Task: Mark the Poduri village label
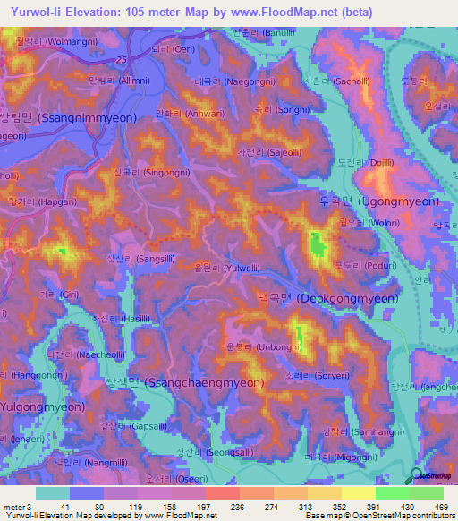(x=344, y=265)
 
